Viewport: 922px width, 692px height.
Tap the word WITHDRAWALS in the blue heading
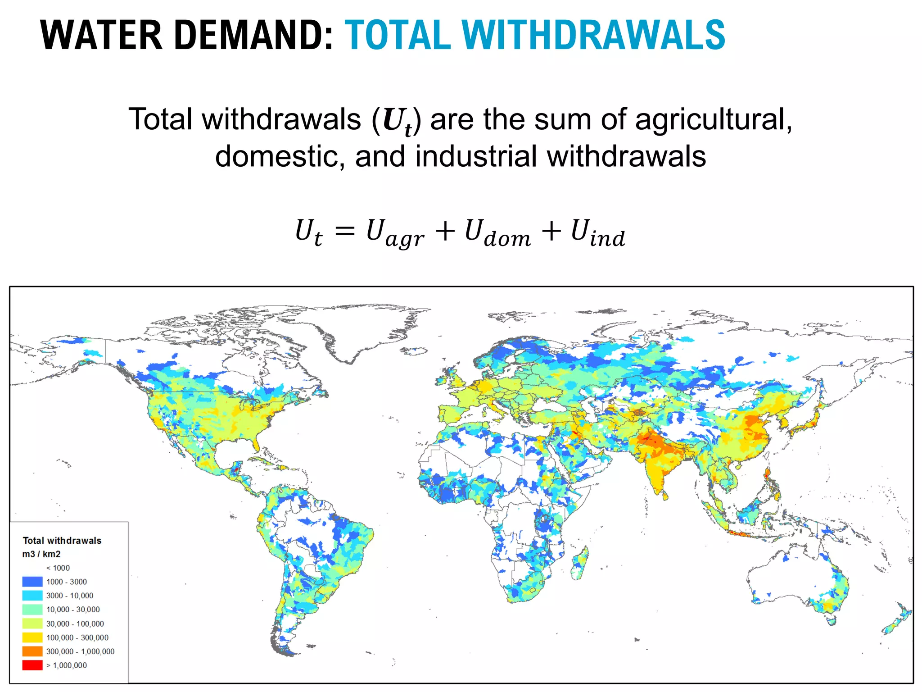593,35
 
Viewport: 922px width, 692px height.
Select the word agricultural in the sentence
713,120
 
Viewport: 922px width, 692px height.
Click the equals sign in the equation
345,232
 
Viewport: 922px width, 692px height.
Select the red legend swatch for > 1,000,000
32,665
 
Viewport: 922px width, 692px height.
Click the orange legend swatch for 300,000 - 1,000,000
32,651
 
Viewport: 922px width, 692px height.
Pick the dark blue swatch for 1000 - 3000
32,582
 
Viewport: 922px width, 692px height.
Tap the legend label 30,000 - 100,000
75,624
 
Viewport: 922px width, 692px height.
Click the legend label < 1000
58,568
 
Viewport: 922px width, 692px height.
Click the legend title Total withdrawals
62,541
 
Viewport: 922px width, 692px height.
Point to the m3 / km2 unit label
41,554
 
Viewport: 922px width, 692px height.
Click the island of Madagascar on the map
580,563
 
